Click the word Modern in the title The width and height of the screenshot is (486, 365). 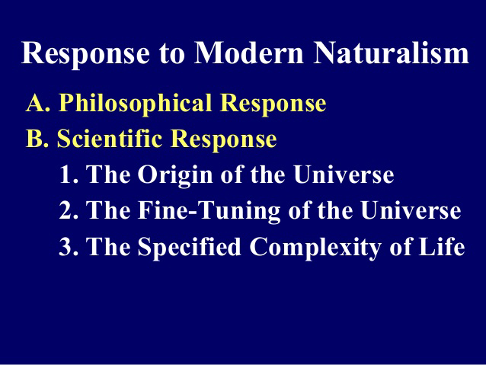pos(248,53)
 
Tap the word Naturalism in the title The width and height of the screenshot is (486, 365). pos(391,53)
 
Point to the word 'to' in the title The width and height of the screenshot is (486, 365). pos(172,53)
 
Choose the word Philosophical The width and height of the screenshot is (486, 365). pos(135,104)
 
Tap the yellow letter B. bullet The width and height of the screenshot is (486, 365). pos(37,139)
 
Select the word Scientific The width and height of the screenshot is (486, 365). pos(110,138)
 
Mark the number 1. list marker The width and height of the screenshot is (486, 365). pos(69,174)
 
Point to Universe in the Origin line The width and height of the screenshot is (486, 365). pos(344,174)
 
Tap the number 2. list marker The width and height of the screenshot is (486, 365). pos(69,210)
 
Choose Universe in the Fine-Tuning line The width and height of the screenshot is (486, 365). pos(411,210)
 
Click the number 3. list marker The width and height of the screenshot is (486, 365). pos(69,246)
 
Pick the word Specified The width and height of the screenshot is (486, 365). pos(190,248)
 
